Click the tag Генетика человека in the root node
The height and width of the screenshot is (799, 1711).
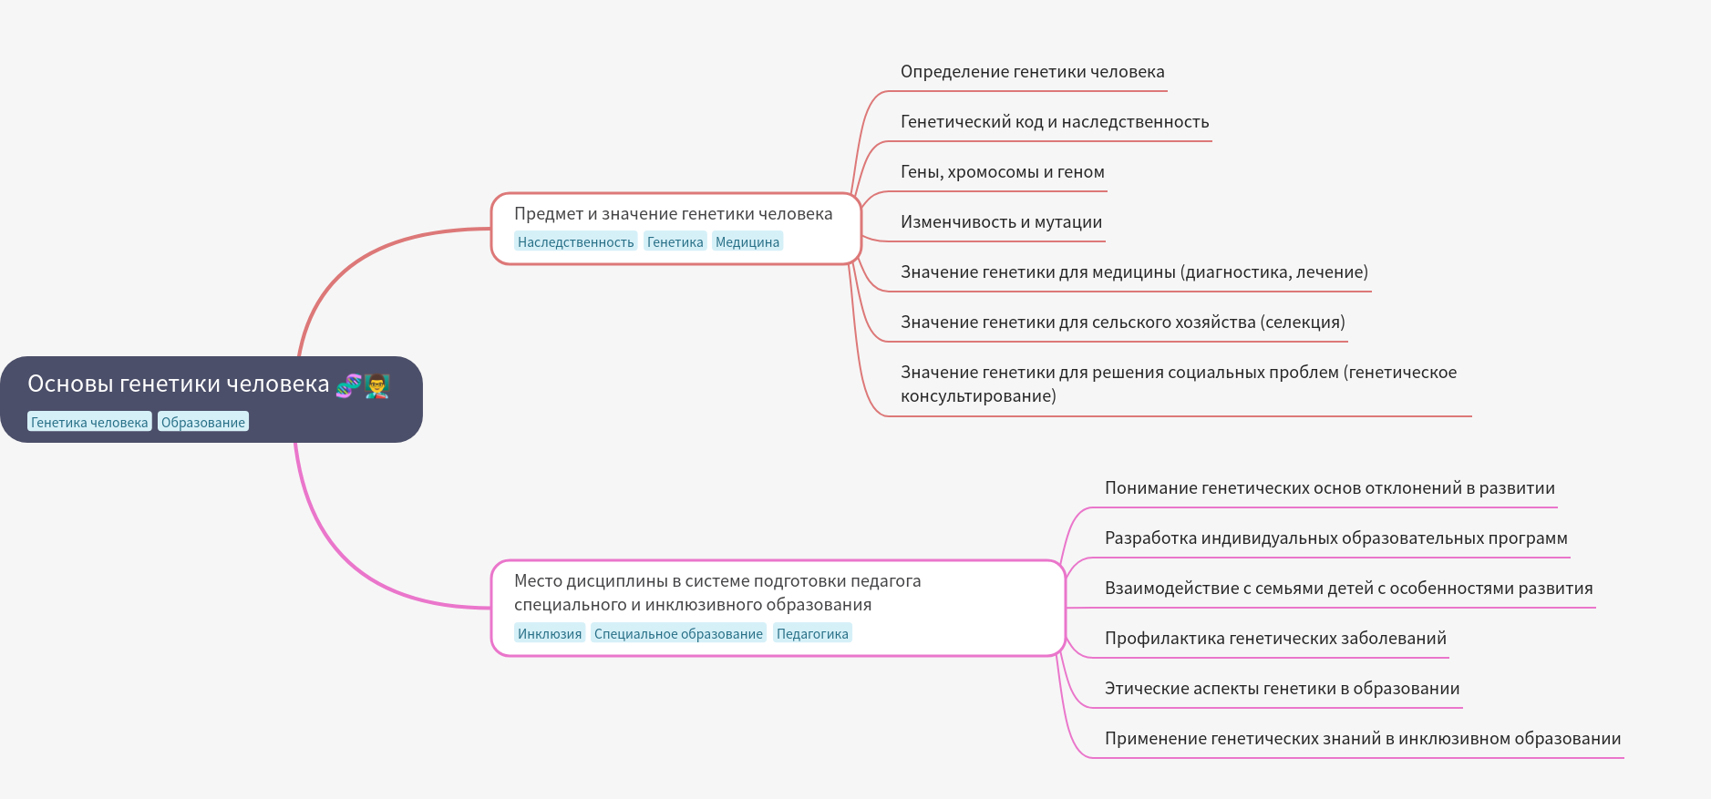[x=89, y=422]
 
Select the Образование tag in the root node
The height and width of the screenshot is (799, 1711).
[x=203, y=422]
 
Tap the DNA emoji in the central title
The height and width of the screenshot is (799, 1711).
[x=348, y=385]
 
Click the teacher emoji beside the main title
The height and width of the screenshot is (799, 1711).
[x=377, y=385]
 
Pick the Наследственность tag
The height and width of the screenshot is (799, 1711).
[x=575, y=241]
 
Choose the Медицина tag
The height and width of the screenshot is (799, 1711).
[x=747, y=241]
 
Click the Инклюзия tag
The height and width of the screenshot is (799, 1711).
[x=550, y=633]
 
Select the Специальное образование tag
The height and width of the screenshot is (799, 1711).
[x=678, y=633]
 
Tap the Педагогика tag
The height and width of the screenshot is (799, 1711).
[x=812, y=633]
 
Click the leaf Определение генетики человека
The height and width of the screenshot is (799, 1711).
[x=1032, y=72]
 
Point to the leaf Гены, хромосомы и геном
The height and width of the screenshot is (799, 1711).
[x=1002, y=172]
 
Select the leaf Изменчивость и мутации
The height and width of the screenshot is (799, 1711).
[x=1001, y=222]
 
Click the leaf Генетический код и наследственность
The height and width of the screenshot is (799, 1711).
[x=1055, y=122]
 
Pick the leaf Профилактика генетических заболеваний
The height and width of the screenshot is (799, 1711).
[x=1275, y=639]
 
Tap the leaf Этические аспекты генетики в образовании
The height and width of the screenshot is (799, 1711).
[x=1282, y=689]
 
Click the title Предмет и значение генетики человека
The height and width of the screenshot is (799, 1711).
[x=673, y=214]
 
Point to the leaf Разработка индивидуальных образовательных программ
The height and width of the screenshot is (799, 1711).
[x=1335, y=538]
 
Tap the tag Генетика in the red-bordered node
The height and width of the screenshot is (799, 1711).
[x=675, y=241]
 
